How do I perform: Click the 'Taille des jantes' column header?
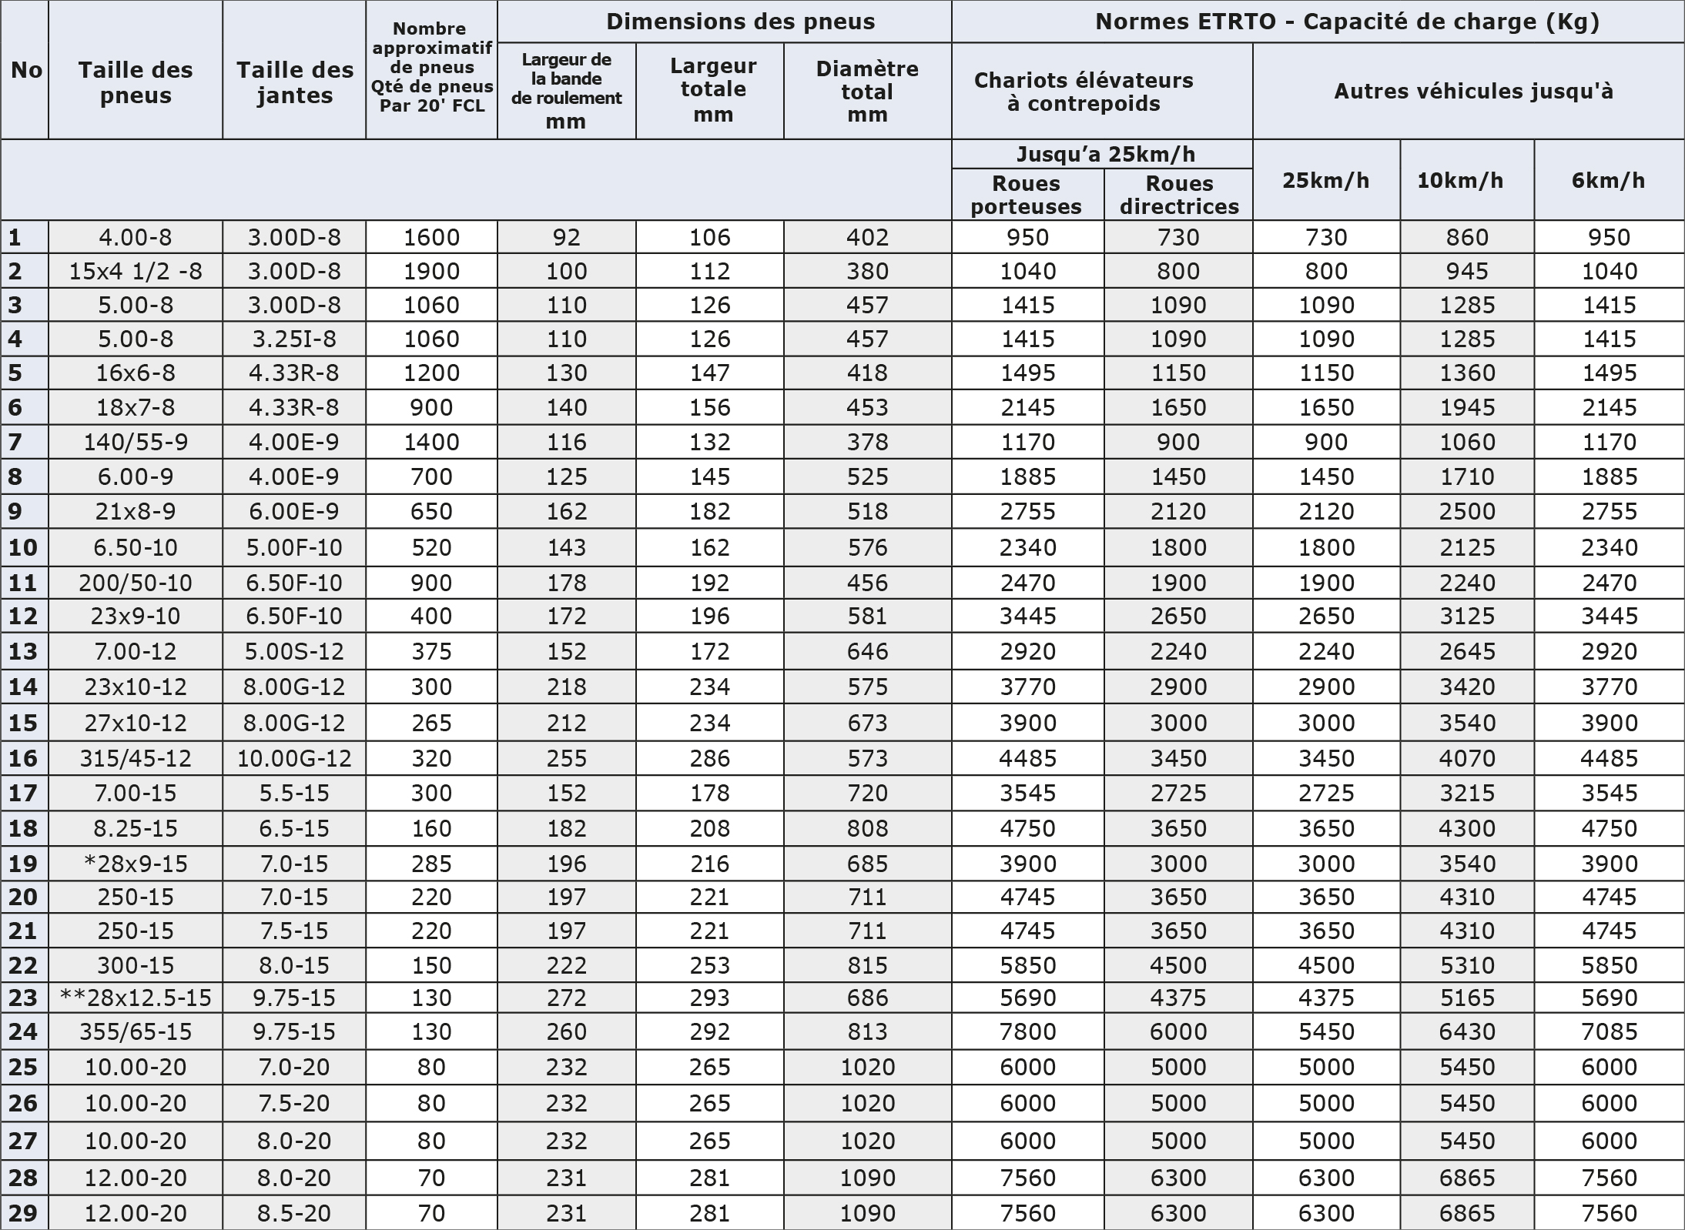pyautogui.click(x=294, y=82)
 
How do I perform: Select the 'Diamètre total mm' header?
pyautogui.click(x=867, y=91)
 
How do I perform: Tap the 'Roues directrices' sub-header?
pyautogui.click(x=1179, y=195)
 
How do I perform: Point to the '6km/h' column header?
pyautogui.click(x=1608, y=180)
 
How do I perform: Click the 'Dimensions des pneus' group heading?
pyautogui.click(x=740, y=22)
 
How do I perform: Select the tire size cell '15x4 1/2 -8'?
pyautogui.click(x=136, y=271)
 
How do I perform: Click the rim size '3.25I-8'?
pyautogui.click(x=294, y=339)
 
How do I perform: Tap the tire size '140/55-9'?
pyautogui.click(x=136, y=442)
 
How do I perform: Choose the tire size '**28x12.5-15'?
pyautogui.click(x=136, y=998)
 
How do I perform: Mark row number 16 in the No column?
pyautogui.click(x=23, y=758)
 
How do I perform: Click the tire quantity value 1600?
pyautogui.click(x=431, y=237)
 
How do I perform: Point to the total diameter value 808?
pyautogui.click(x=867, y=828)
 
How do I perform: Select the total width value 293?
pyautogui.click(x=709, y=998)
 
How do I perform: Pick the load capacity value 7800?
pyautogui.click(x=1027, y=1031)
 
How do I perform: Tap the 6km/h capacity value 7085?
pyautogui.click(x=1609, y=1031)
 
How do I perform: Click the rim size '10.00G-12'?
pyautogui.click(x=294, y=758)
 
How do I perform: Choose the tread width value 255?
pyautogui.click(x=566, y=758)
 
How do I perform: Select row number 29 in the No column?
pyautogui.click(x=23, y=1213)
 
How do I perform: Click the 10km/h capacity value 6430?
pyautogui.click(x=1467, y=1031)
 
